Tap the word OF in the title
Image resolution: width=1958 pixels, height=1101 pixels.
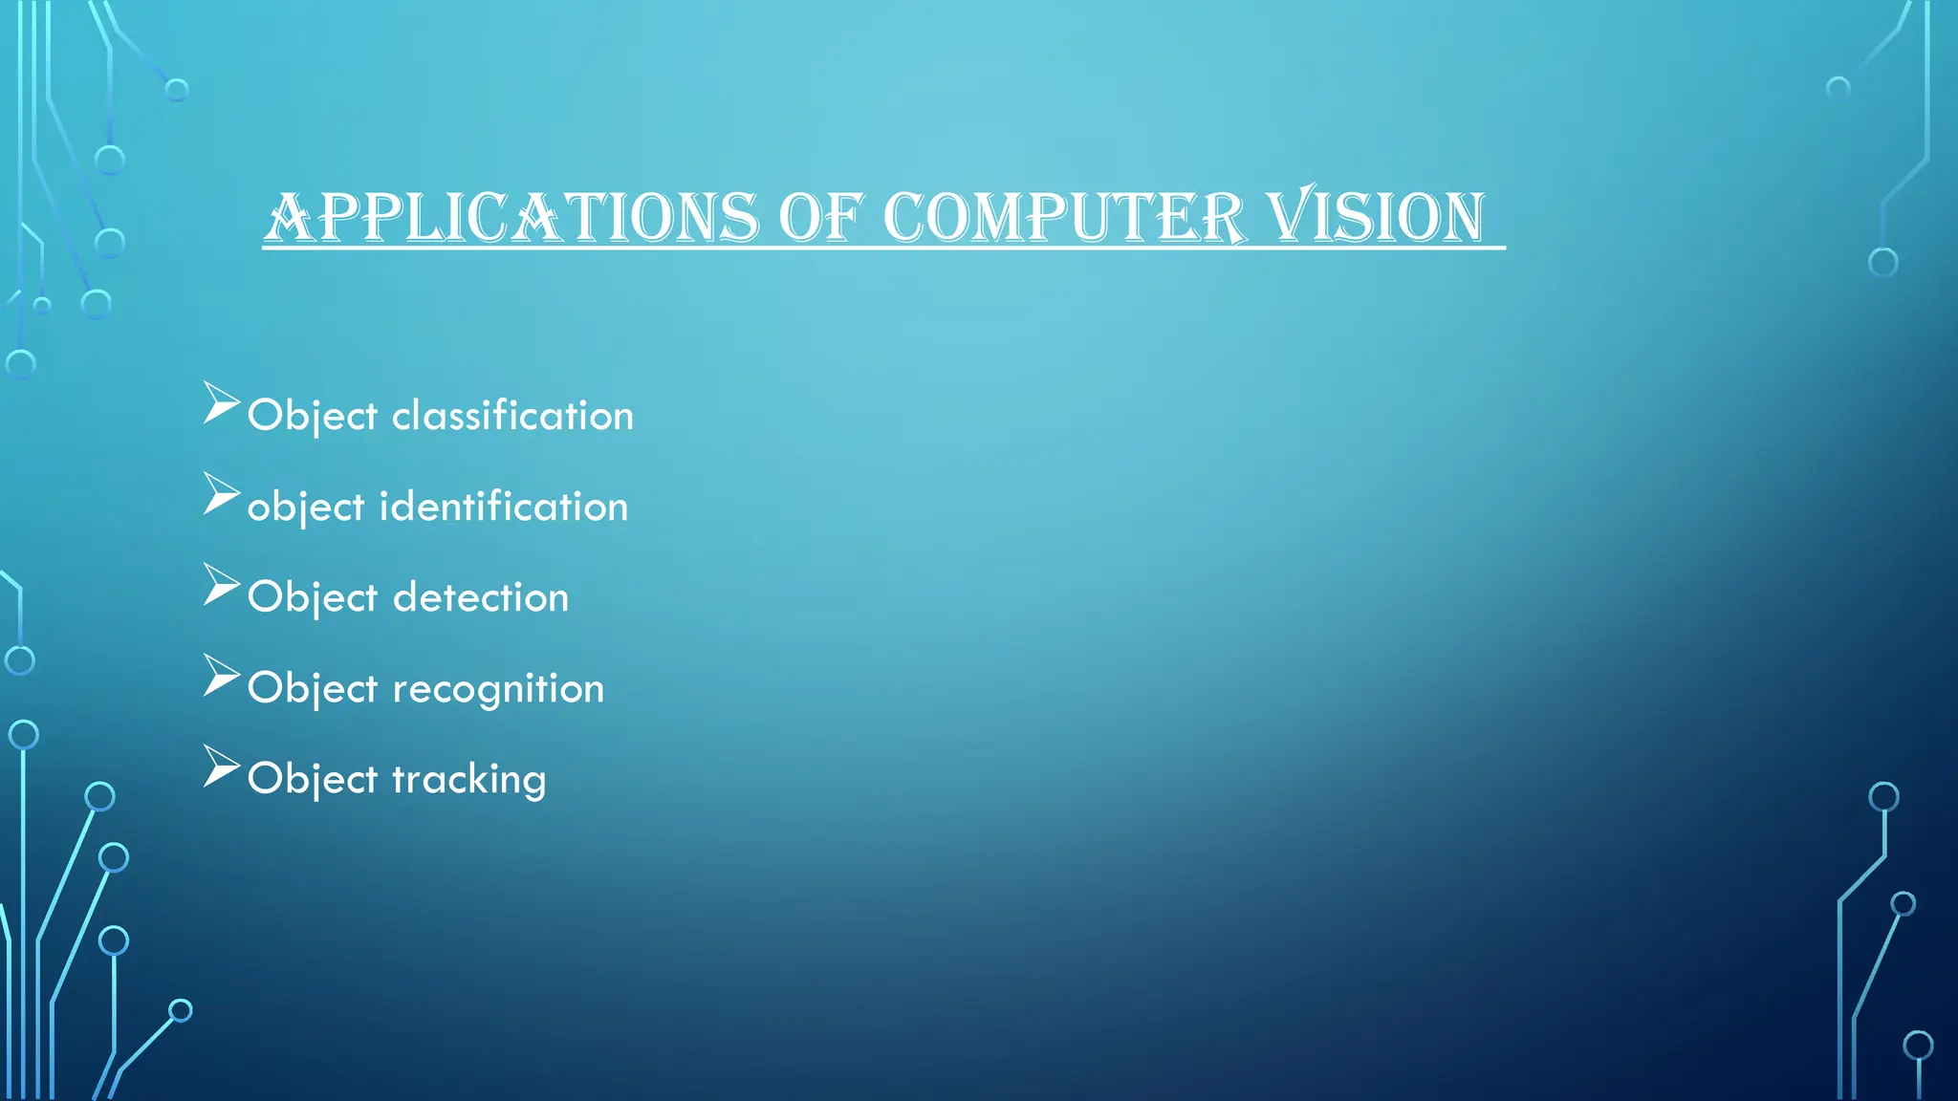(x=821, y=217)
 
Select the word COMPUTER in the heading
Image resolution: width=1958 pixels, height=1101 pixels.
(x=1064, y=217)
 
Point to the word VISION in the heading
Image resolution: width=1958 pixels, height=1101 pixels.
(x=1377, y=217)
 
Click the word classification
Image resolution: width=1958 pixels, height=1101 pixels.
(x=512, y=416)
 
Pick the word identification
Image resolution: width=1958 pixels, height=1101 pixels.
(x=504, y=507)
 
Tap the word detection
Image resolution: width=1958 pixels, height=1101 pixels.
(x=481, y=597)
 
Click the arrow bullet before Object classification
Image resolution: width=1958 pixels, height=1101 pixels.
(x=220, y=403)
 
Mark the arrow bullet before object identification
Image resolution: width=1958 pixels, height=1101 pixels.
(x=220, y=494)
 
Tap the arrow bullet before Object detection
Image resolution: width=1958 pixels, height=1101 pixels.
(x=220, y=585)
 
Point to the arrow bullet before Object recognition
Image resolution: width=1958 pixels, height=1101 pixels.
(x=220, y=676)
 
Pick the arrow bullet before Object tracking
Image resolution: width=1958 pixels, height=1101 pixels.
(x=220, y=766)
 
